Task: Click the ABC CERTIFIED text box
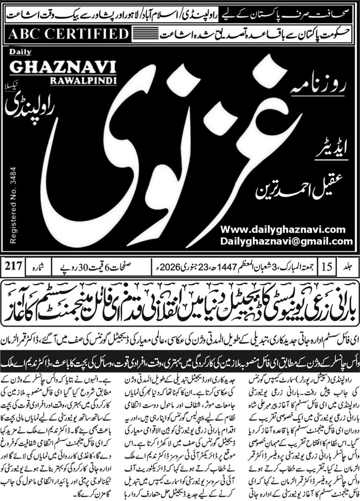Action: tap(68, 35)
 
